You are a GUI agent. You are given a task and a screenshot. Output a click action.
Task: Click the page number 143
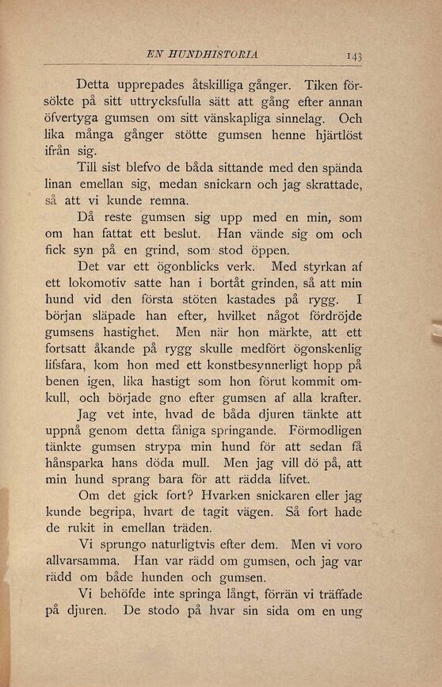tap(353, 56)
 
